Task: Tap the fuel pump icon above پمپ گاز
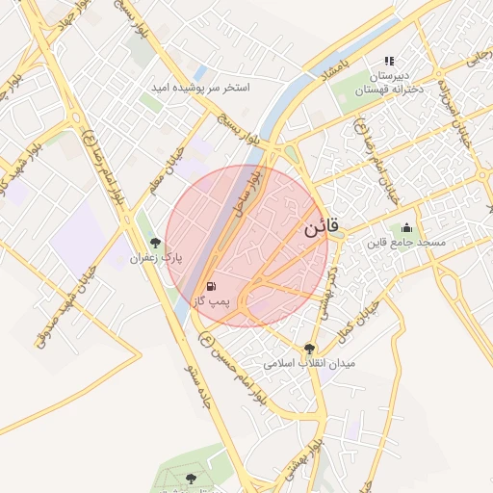(210, 286)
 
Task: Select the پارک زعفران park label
(156, 258)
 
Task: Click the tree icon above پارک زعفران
(156, 243)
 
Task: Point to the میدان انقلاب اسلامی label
(310, 364)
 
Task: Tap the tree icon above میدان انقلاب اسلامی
(309, 349)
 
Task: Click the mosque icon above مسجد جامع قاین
(405, 228)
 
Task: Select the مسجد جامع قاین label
(405, 243)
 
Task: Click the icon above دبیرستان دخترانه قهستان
(390, 61)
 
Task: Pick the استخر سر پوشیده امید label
(200, 88)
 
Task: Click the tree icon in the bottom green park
(190, 479)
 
